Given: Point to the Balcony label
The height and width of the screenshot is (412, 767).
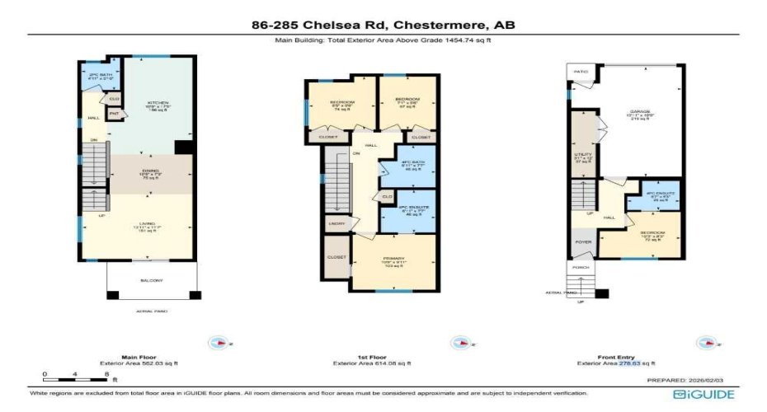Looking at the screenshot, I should [x=153, y=281].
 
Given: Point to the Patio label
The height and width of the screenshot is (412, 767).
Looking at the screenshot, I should [x=581, y=73].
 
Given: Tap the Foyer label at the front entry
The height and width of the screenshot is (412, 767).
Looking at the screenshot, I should [x=583, y=243].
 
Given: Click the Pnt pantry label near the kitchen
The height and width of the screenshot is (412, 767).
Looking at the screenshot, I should [x=115, y=113].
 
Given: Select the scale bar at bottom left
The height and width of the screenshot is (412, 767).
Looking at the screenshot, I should [x=75, y=380].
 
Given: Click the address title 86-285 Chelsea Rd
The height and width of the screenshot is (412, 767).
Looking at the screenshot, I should [x=383, y=25].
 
